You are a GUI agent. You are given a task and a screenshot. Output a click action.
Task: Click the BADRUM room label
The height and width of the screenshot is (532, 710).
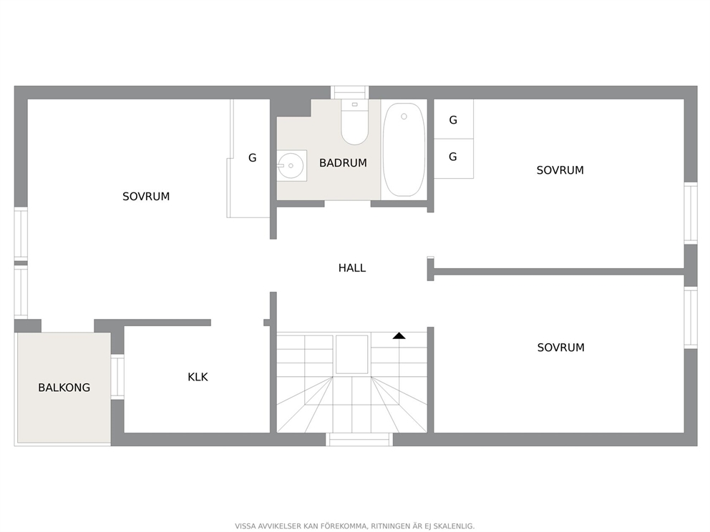click(x=343, y=163)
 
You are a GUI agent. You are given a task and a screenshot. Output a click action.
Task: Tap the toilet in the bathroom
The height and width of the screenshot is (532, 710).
click(x=354, y=122)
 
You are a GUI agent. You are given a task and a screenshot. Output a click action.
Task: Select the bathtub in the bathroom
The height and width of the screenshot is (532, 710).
click(x=404, y=149)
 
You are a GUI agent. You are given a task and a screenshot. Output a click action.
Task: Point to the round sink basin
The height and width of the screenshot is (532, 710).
click(x=291, y=166)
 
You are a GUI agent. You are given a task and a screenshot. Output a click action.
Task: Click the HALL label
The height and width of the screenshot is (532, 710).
click(x=352, y=268)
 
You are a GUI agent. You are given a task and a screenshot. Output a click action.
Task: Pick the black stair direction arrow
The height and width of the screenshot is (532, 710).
click(x=399, y=335)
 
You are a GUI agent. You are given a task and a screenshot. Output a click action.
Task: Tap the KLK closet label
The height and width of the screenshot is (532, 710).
click(x=198, y=377)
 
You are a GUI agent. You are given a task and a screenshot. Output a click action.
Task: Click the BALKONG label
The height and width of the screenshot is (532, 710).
click(x=64, y=388)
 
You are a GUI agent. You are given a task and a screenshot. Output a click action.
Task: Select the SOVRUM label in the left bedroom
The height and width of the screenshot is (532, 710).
click(x=146, y=197)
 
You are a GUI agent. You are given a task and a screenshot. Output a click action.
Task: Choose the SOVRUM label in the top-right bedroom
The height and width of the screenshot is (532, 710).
click(x=560, y=170)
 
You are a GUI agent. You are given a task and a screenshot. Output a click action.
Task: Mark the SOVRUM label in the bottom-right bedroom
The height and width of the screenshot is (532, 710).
click(x=560, y=348)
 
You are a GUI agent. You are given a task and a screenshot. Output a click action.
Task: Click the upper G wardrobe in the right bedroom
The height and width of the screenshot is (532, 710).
click(x=453, y=119)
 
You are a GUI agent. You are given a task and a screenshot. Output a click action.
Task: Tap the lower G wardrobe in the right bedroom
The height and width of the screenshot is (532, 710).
click(x=453, y=158)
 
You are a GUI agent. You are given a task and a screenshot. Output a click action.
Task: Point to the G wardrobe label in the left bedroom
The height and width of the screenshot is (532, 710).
click(x=252, y=158)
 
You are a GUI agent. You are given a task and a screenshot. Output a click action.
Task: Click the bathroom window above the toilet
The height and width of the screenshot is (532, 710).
click(x=349, y=92)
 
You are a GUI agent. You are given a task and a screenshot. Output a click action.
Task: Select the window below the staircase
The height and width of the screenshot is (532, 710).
click(x=359, y=439)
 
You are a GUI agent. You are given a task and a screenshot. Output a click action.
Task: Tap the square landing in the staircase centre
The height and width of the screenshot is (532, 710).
click(x=352, y=354)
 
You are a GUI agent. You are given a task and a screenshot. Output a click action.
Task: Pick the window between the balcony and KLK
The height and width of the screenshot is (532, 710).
click(x=117, y=377)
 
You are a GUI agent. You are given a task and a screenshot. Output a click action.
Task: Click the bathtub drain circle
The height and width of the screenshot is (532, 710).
click(x=404, y=117)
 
